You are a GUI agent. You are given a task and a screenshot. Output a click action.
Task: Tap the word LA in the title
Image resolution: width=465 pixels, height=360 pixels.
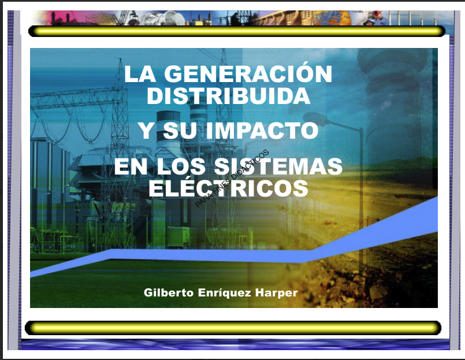point(140,73)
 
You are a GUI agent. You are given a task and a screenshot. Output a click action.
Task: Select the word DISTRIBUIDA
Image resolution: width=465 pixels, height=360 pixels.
point(229,95)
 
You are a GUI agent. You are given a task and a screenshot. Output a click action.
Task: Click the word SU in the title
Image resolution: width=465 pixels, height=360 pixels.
point(180,130)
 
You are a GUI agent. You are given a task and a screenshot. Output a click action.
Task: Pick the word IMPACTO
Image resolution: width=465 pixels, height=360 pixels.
point(262,130)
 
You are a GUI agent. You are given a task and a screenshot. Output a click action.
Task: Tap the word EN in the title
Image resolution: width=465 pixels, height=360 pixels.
point(131,166)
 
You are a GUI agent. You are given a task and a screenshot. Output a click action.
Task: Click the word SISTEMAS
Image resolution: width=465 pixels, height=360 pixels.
point(278,166)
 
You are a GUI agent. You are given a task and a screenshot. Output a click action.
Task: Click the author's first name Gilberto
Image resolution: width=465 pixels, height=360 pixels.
point(169,292)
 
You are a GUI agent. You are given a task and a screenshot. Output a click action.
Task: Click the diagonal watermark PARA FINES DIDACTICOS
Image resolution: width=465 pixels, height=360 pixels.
point(232,179)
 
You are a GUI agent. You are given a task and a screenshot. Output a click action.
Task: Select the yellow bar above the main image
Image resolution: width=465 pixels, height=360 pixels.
point(237,31)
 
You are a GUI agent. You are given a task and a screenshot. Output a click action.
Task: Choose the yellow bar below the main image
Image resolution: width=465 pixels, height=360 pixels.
point(233,328)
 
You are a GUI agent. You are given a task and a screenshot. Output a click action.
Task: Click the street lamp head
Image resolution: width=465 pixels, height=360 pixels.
point(315,118)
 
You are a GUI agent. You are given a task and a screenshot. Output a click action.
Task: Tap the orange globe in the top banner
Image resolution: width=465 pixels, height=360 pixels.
point(332,18)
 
